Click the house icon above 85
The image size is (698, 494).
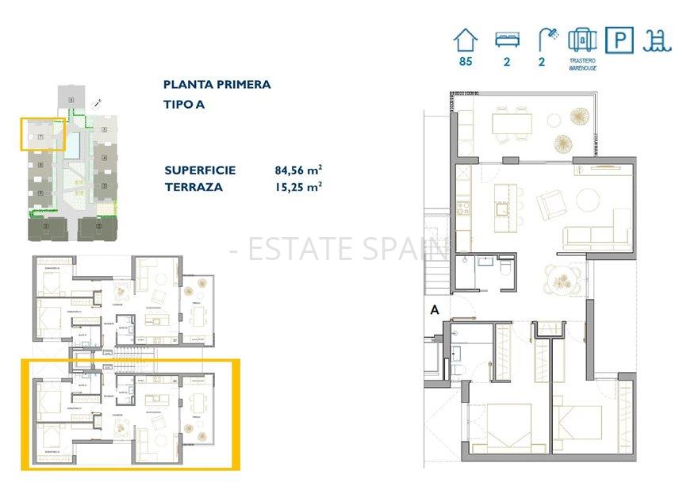point(466,39)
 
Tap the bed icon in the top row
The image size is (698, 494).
point(506,39)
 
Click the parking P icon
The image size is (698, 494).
point(619,40)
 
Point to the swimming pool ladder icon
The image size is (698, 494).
point(658,40)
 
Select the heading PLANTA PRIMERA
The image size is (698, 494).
point(217,84)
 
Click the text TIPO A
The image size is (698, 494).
point(183,104)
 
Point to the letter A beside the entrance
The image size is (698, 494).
point(434,311)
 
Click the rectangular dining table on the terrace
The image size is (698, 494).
point(512,123)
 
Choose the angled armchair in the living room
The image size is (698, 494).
point(550,206)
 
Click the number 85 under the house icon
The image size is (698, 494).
point(466,62)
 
